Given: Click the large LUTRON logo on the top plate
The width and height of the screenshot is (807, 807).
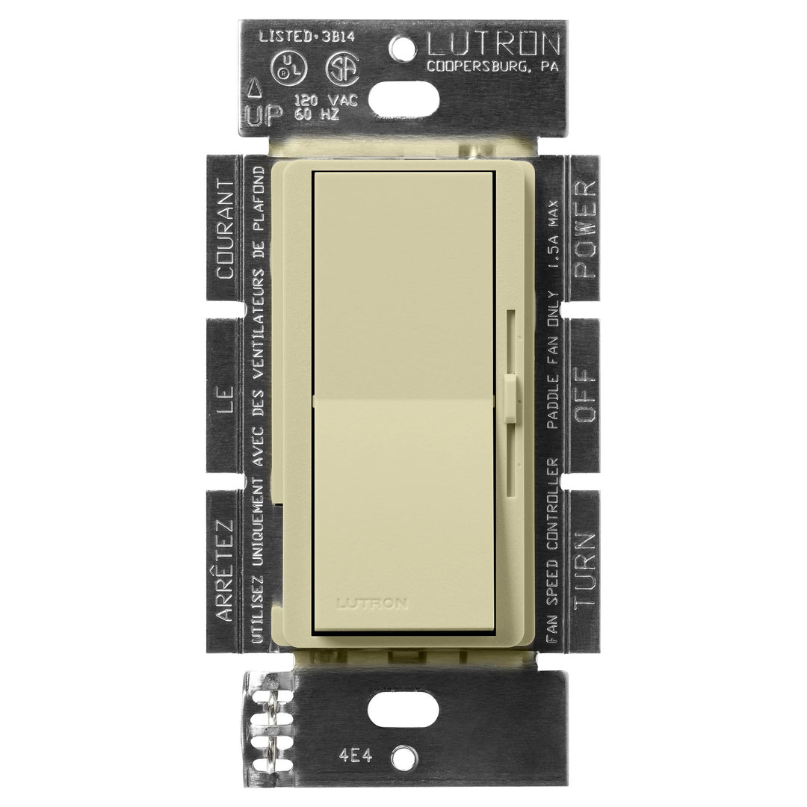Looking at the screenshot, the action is click(x=493, y=45).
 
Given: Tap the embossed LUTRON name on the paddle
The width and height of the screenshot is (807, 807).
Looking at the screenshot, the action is click(x=372, y=603).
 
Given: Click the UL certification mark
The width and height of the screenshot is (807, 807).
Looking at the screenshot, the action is click(x=288, y=69).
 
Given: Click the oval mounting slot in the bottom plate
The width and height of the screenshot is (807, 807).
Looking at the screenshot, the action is click(x=403, y=708).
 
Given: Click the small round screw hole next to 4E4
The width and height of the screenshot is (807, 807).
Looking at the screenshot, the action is click(x=403, y=757).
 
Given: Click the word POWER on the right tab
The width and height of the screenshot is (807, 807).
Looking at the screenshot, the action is click(x=584, y=229).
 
